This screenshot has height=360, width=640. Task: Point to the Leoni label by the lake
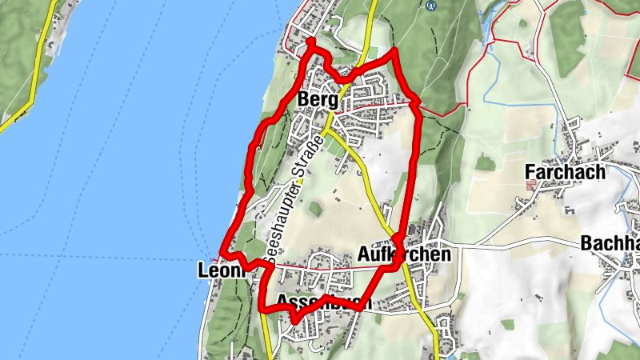click(218, 272)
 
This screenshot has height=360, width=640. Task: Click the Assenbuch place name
click(323, 302)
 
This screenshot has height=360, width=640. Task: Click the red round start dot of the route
click(310, 42)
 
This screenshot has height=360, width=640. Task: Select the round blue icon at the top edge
click(432, 5)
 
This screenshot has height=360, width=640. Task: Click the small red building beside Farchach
click(531, 185)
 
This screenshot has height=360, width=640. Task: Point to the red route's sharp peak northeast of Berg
click(394, 51)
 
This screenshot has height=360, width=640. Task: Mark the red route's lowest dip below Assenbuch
click(295, 319)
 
